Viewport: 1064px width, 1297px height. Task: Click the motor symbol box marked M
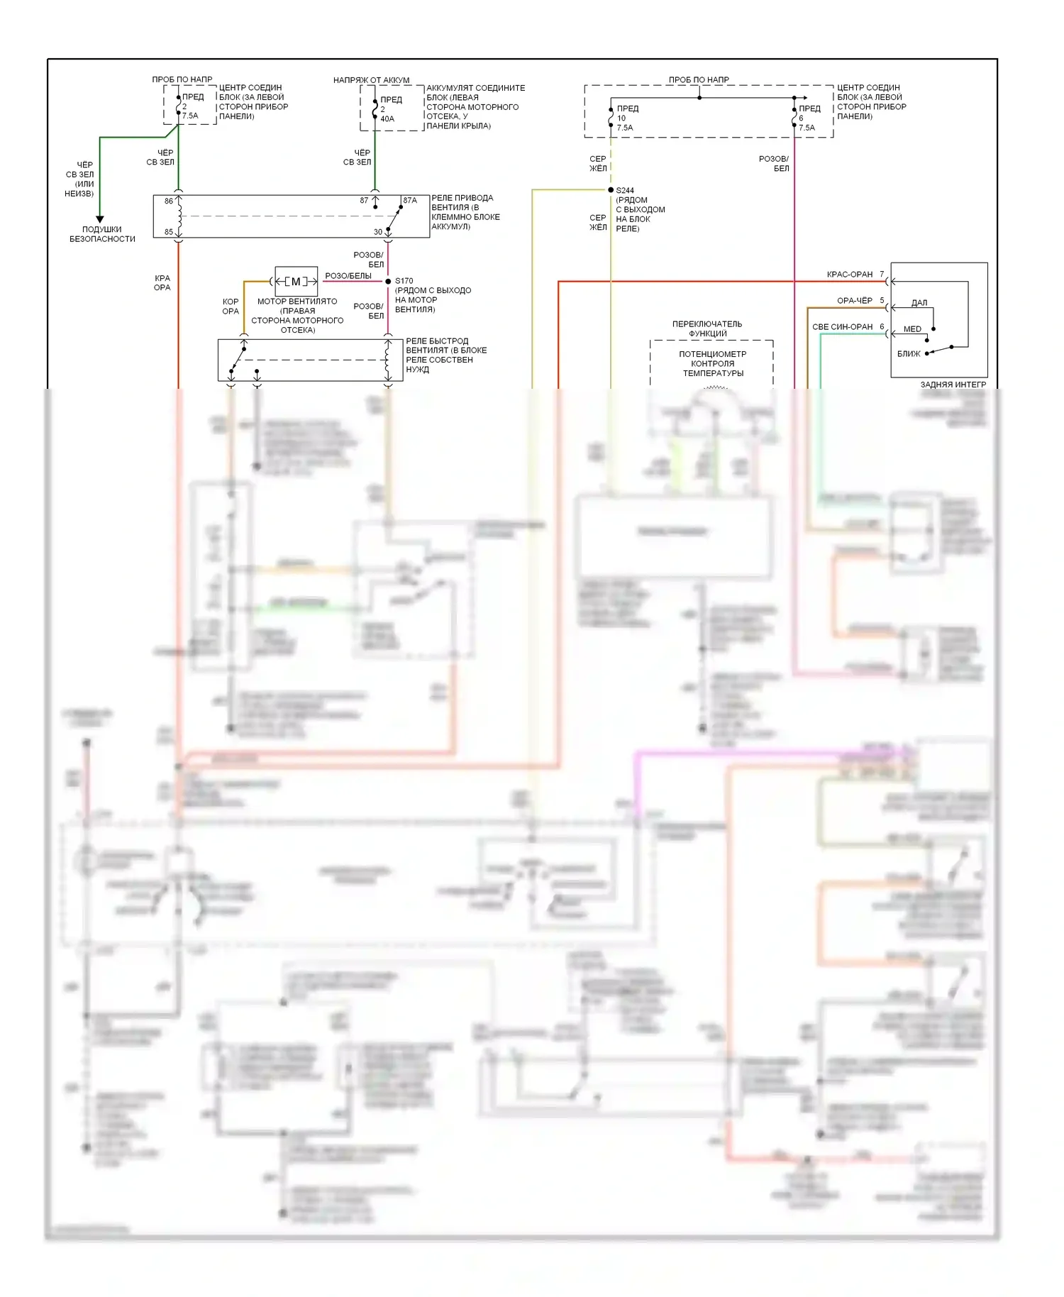pos(296,282)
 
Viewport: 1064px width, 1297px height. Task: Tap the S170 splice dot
pos(388,282)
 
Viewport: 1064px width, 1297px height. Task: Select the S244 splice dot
pos(611,190)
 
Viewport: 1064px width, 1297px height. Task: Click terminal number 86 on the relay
pos(169,201)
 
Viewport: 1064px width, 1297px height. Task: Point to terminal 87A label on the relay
pos(410,201)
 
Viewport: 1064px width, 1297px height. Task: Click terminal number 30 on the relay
pos(378,232)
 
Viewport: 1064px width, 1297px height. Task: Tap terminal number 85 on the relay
pos(169,232)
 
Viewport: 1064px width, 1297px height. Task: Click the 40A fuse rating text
pos(387,118)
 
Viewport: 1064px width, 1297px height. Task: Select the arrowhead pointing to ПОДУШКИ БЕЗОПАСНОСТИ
pos(100,219)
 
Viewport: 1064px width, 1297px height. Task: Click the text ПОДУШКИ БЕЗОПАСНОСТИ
pos(102,234)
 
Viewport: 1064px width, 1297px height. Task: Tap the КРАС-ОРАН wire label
pos(850,275)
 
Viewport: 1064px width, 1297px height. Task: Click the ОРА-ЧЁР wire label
pos(855,301)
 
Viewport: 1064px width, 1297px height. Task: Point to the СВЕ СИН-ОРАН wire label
pos(842,327)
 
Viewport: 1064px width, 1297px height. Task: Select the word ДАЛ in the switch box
pos(919,303)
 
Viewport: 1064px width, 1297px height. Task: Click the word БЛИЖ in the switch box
pos(909,353)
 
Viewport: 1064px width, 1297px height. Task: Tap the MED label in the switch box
pos(912,329)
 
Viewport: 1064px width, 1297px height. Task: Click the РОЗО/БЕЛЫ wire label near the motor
pos(348,276)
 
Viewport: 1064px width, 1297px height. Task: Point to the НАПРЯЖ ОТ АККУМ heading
pos(371,80)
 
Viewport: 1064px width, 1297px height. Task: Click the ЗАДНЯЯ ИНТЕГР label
pos(953,385)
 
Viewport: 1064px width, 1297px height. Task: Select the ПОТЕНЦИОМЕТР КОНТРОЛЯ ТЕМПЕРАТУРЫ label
pos(713,363)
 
